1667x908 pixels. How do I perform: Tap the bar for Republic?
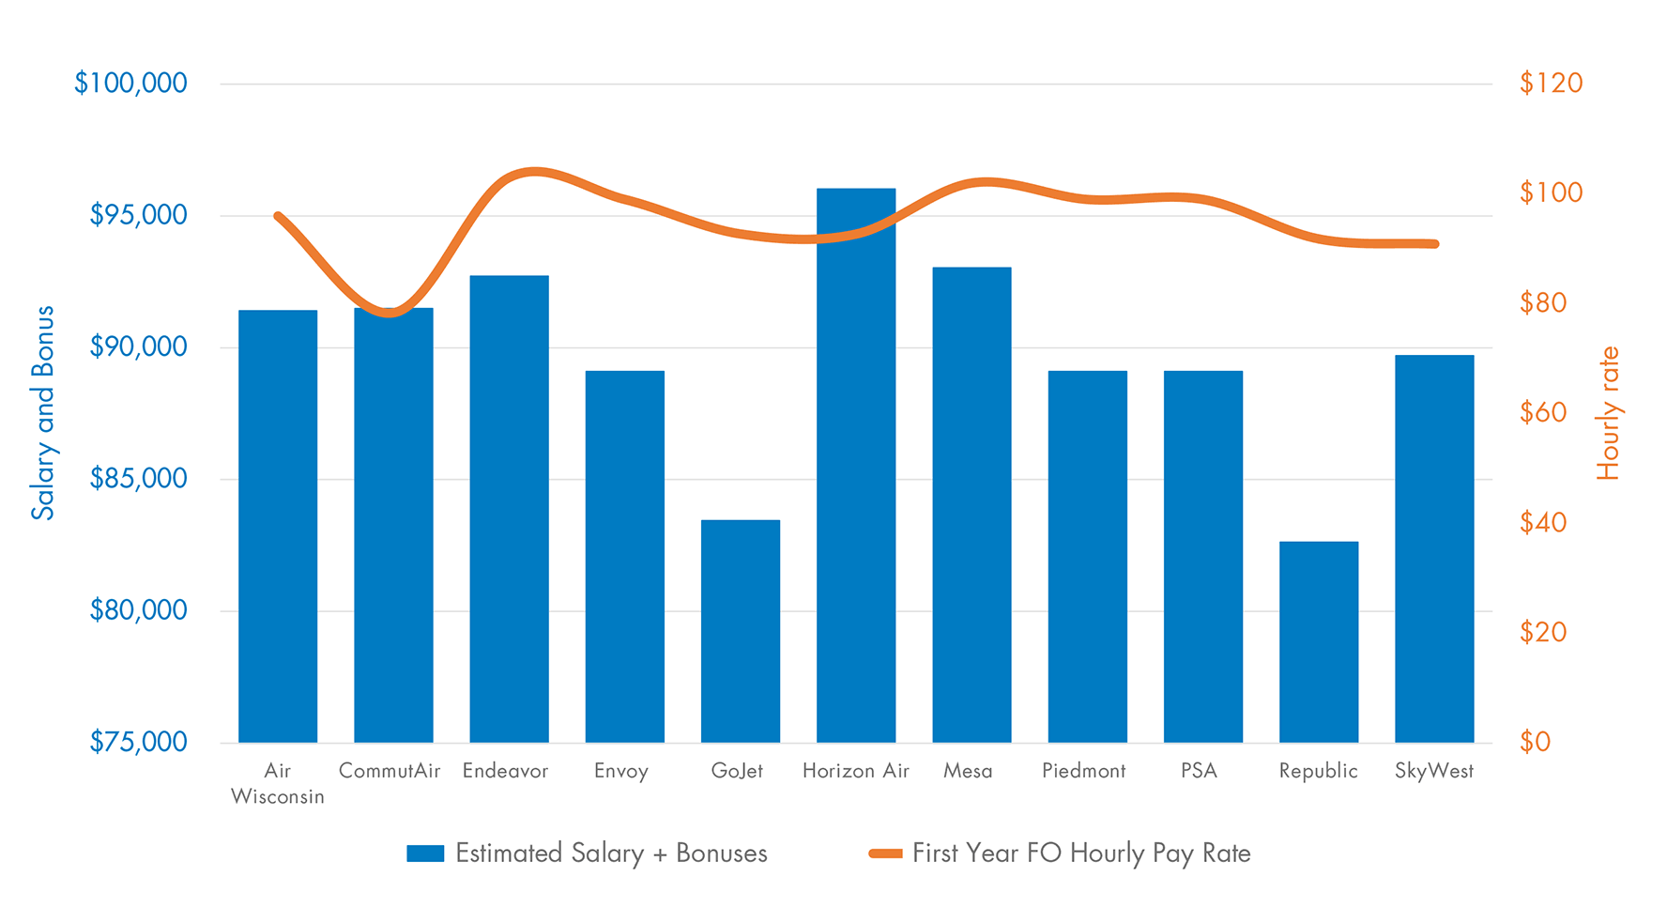pyautogui.click(x=1319, y=642)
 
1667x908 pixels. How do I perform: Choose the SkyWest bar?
pyautogui.click(x=1434, y=549)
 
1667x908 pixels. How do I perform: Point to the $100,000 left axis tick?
pyautogui.click(x=131, y=84)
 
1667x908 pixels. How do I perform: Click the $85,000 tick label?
pyautogui.click(x=138, y=479)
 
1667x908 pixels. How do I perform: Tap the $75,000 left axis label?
pyautogui.click(x=138, y=742)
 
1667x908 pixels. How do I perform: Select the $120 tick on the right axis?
pyautogui.click(x=1551, y=84)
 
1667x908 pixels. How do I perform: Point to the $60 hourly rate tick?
pyautogui.click(x=1543, y=412)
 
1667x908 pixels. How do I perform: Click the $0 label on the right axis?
pyautogui.click(x=1536, y=742)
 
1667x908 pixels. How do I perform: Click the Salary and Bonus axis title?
pyautogui.click(x=43, y=413)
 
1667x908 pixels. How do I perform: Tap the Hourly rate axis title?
pyautogui.click(x=1608, y=413)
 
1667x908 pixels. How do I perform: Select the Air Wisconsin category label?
pyautogui.click(x=278, y=783)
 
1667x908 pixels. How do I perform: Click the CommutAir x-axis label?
pyautogui.click(x=390, y=771)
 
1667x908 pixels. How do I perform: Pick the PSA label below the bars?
pyautogui.click(x=1199, y=771)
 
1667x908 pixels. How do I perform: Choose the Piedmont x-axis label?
pyautogui.click(x=1083, y=771)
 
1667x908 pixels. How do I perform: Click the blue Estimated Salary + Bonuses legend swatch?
pyautogui.click(x=425, y=854)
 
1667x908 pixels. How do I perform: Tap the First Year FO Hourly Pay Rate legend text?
pyautogui.click(x=1081, y=854)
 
